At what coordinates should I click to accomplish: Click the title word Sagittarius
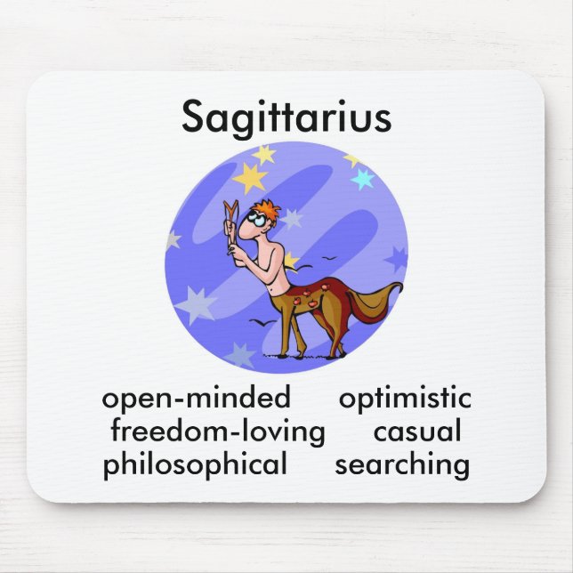coord(286,117)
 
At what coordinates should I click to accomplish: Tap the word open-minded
coord(197,397)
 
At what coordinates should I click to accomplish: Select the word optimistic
coord(405,397)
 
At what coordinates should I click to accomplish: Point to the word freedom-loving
coord(218,432)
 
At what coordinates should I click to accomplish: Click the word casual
coord(417,432)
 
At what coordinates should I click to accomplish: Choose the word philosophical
coord(195,464)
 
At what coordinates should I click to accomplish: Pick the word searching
coord(402,464)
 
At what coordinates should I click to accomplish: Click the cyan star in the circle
coord(362,178)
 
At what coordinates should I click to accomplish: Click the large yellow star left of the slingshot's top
coord(249,178)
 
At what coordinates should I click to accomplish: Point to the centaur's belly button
coord(277,285)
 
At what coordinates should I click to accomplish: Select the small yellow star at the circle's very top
coord(262,154)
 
